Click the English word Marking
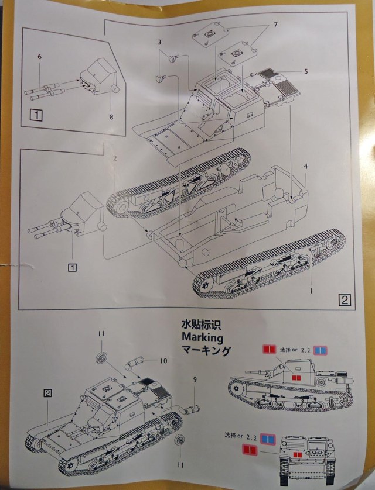[203, 337]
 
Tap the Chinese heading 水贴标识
[203, 324]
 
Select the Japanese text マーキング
[207, 351]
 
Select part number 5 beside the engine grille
[305, 71]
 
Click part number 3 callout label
[159, 43]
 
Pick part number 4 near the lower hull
[305, 167]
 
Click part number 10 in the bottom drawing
[163, 361]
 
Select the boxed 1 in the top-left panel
[35, 115]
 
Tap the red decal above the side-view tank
[269, 349]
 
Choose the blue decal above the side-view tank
[320, 350]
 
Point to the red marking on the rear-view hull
[298, 454]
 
